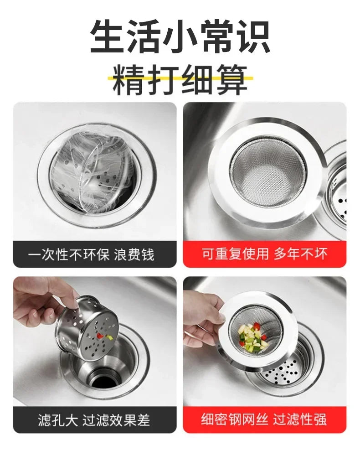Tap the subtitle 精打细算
click(x=180, y=79)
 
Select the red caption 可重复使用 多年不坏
click(x=265, y=254)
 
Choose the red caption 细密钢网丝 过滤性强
click(x=265, y=420)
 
